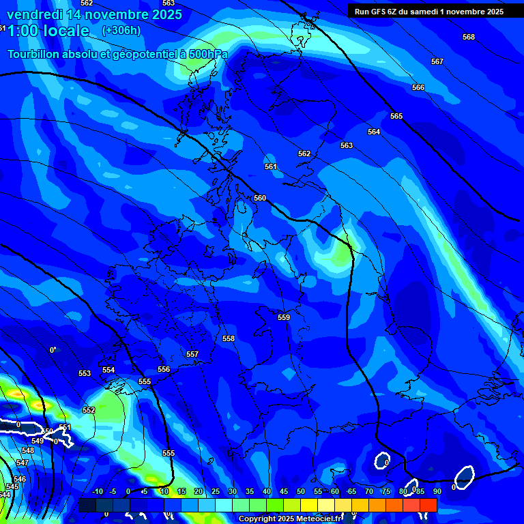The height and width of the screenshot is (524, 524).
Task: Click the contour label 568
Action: [468, 37]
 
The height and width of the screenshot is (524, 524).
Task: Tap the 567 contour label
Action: [437, 62]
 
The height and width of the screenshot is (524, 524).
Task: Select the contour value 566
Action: [418, 88]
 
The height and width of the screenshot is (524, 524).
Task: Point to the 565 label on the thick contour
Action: [396, 116]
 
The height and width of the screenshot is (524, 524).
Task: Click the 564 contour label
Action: [374, 132]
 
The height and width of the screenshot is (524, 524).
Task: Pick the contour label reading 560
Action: [260, 198]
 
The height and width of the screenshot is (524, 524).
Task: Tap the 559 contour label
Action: [284, 317]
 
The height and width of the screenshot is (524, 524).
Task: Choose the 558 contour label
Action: [229, 338]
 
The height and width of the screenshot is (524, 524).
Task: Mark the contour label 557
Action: [192, 354]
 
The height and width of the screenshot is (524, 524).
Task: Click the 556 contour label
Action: [164, 369]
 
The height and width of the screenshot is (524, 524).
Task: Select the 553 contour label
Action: [85, 373]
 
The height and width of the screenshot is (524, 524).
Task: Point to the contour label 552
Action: [89, 410]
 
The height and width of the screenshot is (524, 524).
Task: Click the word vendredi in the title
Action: [34, 14]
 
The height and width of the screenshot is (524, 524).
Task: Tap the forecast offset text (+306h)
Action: [121, 30]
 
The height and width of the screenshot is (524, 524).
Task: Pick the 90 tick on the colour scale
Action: [437, 491]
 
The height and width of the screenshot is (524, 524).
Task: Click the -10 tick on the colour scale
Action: [97, 491]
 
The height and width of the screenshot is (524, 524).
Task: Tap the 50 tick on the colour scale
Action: [301, 491]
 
